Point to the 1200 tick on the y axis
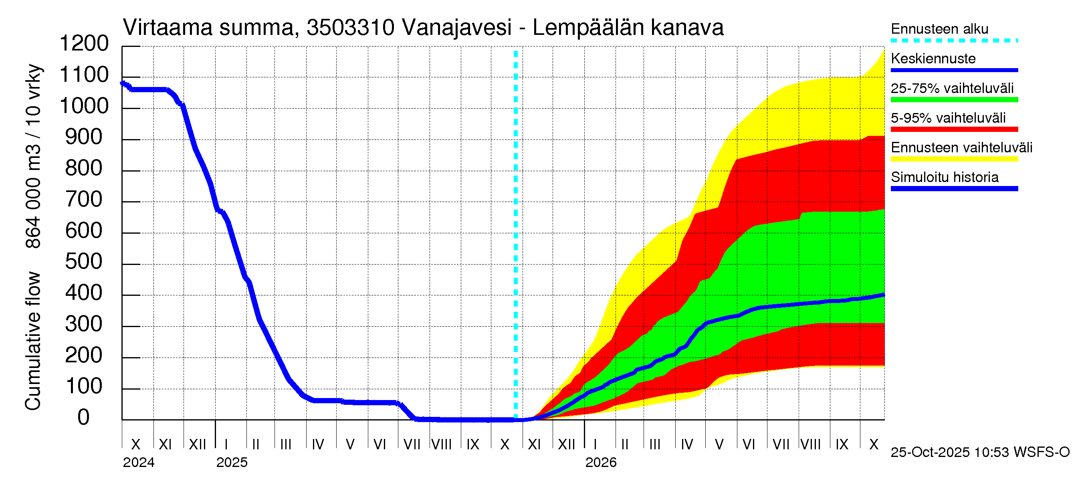pyautogui.click(x=84, y=44)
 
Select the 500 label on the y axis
pyautogui.click(x=84, y=262)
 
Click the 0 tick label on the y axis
pyautogui.click(x=84, y=418)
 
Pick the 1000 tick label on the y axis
pyautogui.click(x=84, y=106)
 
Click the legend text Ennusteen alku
pyautogui.click(x=939, y=29)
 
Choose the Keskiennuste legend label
pyautogui.click(x=933, y=59)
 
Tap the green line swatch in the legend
pyautogui.click(x=954, y=100)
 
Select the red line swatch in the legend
pyautogui.click(x=954, y=129)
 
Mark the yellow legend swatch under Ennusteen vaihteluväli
pyautogui.click(x=954, y=159)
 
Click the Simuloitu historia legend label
pyautogui.click(x=944, y=177)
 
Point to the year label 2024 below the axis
pyautogui.click(x=139, y=463)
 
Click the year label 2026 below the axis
pyautogui.click(x=601, y=463)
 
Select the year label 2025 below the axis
pyautogui.click(x=232, y=463)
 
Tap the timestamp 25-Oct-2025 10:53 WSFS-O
pyautogui.click(x=980, y=453)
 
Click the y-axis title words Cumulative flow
pyautogui.click(x=33, y=341)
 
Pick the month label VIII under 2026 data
pyautogui.click(x=810, y=445)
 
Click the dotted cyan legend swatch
pyautogui.click(x=954, y=41)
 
